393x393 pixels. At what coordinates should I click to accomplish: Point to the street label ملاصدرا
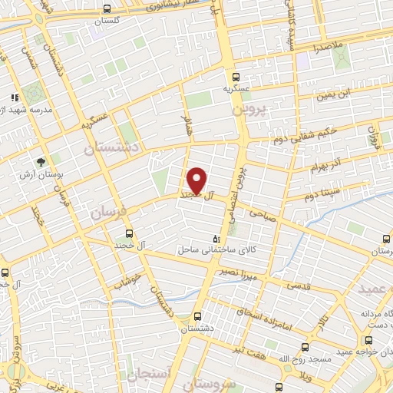[327, 48]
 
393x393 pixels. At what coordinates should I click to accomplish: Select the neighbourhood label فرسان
[107, 212]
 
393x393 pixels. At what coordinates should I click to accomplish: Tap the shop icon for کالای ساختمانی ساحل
[216, 239]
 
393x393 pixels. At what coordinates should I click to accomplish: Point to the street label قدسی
[300, 285]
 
